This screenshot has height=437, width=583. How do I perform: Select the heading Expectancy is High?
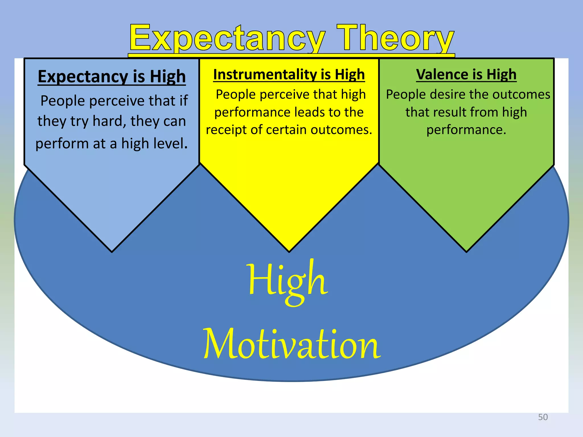(112, 77)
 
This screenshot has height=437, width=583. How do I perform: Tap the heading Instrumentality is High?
(289, 75)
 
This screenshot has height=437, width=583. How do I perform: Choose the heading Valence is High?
(466, 75)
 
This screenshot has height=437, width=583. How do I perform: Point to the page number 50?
(543, 417)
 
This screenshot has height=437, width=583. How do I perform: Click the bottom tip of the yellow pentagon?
(289, 251)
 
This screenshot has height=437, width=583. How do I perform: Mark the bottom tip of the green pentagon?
(466, 251)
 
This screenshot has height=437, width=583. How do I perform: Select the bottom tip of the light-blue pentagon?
(112, 251)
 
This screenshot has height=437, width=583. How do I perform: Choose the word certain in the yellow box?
(286, 130)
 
